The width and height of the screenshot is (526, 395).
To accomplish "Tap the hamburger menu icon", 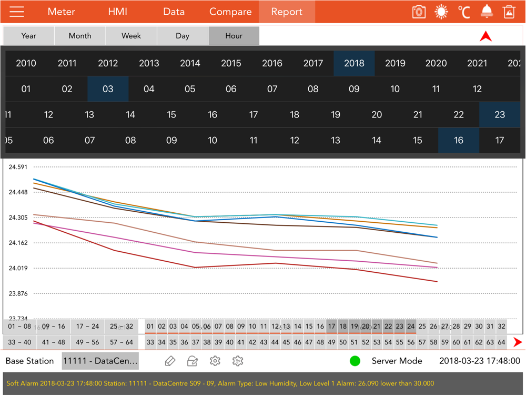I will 17,12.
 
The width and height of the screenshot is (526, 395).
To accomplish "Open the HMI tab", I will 117,12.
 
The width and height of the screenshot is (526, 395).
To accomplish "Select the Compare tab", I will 230,12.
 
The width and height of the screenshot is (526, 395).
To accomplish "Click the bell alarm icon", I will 487,12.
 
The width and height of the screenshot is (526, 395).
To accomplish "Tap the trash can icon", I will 509,12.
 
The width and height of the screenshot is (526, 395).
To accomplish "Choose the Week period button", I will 131,36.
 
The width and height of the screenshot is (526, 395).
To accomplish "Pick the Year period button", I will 29,36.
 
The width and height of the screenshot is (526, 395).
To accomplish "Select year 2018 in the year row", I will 354,63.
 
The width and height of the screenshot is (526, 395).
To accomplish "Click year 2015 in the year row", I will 231,63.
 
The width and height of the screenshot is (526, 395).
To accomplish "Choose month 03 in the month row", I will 108,89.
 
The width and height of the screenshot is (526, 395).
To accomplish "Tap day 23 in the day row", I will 500,114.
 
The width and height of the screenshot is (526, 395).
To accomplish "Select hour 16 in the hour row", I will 459,140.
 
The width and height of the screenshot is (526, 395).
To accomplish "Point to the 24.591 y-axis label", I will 18,167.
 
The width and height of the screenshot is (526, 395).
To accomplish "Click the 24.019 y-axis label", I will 18,268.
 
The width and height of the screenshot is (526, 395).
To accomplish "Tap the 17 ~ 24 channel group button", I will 88,327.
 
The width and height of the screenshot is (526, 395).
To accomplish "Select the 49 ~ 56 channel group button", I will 88,342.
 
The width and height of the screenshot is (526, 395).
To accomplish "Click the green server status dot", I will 355,361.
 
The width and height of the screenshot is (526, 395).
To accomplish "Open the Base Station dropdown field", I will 100,361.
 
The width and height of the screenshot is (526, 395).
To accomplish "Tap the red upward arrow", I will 485,36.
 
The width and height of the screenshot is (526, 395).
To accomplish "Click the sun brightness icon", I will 441,12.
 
